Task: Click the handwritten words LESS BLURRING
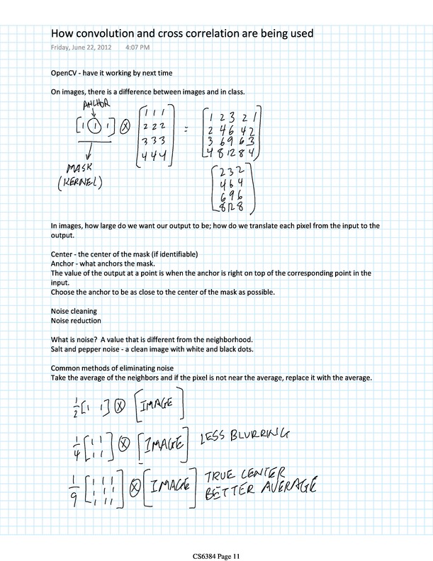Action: pyautogui.click(x=244, y=438)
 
